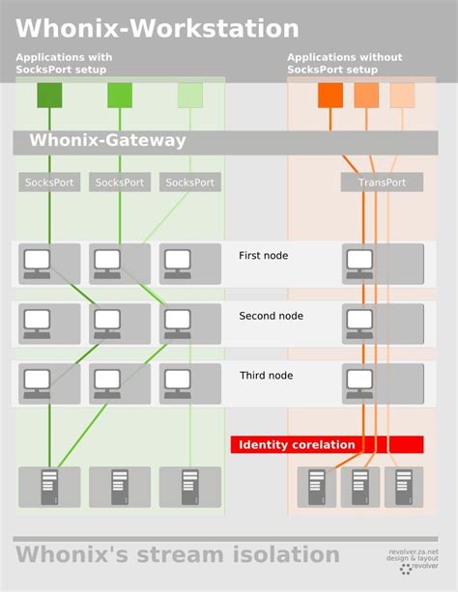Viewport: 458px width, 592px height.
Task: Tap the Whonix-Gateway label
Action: pos(107,141)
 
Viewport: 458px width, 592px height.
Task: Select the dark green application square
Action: pos(49,96)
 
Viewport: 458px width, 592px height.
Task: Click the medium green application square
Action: pos(120,96)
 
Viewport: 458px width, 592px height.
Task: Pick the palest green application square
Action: pos(190,96)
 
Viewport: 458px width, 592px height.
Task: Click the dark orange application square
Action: pos(330,96)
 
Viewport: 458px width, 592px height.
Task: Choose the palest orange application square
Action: pos(402,96)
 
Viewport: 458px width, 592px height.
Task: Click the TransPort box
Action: pos(381,183)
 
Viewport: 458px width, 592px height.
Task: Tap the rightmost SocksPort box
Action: pos(190,183)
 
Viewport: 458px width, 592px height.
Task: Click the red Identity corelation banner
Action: pos(326,445)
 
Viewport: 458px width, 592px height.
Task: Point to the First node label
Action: pos(263,256)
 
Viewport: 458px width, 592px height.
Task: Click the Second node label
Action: pos(271,316)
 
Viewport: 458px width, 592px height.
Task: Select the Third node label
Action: pos(265,376)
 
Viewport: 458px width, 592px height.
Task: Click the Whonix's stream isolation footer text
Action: pos(177,555)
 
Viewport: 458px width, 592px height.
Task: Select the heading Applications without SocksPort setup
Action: pos(344,64)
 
